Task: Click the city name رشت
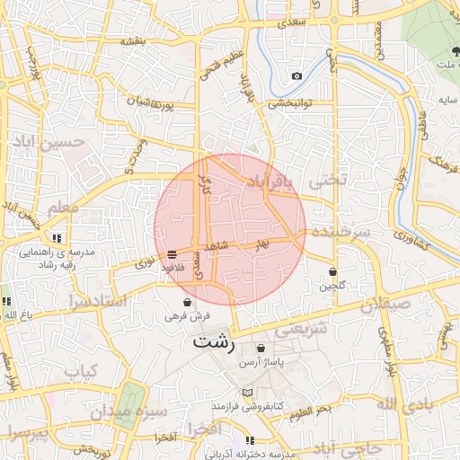(214, 342)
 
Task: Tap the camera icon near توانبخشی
(296, 76)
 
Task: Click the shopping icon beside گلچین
(332, 270)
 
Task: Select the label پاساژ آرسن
(261, 363)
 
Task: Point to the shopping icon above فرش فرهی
(187, 302)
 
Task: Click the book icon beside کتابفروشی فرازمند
(247, 393)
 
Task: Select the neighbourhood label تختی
(327, 181)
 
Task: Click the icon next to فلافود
(172, 254)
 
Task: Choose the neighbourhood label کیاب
(81, 370)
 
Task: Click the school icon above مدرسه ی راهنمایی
(57, 238)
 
